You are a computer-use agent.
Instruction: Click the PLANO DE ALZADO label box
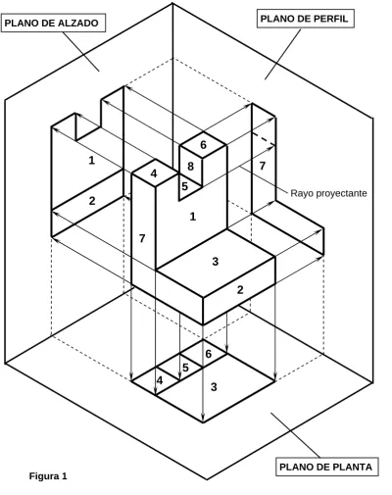point(53,23)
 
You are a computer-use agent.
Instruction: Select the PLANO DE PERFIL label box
point(306,19)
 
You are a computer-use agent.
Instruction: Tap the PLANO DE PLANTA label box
point(327,467)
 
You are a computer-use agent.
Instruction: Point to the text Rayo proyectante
point(328,193)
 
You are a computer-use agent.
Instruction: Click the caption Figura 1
point(48,475)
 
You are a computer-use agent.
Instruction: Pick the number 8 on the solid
point(190,167)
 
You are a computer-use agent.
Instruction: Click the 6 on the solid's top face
point(203,145)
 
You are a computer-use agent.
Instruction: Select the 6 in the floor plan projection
point(209,354)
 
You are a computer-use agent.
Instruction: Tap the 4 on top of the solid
point(154,173)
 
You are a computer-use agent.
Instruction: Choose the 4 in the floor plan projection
point(160,380)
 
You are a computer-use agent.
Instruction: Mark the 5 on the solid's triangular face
point(185,186)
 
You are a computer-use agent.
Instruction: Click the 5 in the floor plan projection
point(185,368)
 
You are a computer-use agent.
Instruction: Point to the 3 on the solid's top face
point(215,261)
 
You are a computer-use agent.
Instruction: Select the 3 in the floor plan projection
point(214,387)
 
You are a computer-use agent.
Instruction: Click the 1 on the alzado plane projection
point(92,161)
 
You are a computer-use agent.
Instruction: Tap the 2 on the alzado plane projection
point(92,201)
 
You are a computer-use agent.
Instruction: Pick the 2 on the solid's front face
point(240,289)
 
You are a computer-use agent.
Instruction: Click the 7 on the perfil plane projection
point(263,166)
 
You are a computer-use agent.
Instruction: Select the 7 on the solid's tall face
point(142,238)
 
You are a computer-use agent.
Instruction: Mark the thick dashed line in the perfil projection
point(264,138)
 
